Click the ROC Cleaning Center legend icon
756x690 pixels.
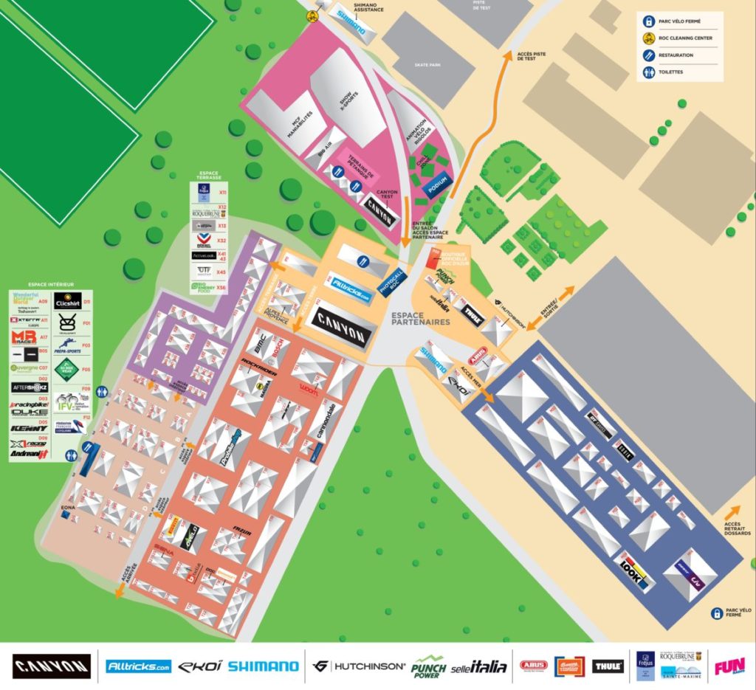(647, 38)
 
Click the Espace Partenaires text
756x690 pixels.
(421, 318)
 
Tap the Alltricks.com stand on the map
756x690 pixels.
(350, 289)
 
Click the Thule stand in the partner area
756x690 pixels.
(471, 312)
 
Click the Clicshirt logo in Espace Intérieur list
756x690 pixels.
(67, 303)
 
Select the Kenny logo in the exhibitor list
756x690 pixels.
(30, 428)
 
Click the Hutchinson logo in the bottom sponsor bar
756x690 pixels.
(360, 666)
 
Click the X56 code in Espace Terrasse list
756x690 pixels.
(221, 287)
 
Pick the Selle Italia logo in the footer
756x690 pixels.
(479, 666)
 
